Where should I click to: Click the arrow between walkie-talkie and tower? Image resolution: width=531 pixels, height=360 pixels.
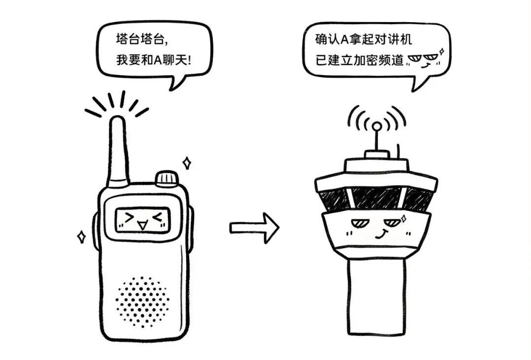pyautogui.click(x=254, y=228)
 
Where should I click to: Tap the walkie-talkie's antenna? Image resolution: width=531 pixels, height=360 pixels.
pyautogui.click(x=118, y=150)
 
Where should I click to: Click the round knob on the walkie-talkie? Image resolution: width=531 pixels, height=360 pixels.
pyautogui.click(x=166, y=178)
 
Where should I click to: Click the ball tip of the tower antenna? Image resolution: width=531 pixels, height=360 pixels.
pyautogui.click(x=376, y=126)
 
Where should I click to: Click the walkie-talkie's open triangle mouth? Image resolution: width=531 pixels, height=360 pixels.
pyautogui.click(x=142, y=226)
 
